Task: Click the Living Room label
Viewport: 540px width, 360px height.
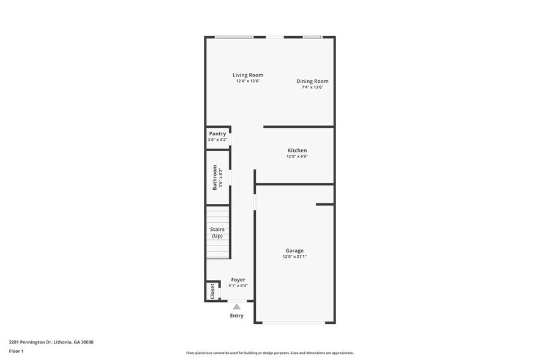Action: pos(248,75)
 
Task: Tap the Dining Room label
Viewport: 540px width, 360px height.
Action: pos(312,81)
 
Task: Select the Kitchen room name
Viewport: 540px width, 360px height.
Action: pos(297,150)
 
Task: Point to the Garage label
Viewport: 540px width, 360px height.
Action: pos(294,250)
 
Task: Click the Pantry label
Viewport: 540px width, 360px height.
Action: pos(217,133)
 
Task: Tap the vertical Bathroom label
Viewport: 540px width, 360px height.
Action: pos(215,177)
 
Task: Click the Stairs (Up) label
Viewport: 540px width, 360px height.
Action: pos(217,233)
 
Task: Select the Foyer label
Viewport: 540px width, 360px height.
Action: pos(238,280)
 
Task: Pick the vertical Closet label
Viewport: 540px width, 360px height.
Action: pos(212,290)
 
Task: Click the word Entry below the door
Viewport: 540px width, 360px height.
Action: pos(236,316)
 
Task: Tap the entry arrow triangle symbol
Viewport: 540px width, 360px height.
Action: pos(236,306)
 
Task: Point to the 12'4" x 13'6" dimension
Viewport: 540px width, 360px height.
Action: pos(248,81)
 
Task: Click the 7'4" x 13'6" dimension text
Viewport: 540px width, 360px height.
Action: pos(312,88)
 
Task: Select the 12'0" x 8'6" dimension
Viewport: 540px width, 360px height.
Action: pos(297,157)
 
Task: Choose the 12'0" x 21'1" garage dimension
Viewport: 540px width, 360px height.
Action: pos(294,257)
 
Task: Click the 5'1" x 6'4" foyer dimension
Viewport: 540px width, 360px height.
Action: pos(238,286)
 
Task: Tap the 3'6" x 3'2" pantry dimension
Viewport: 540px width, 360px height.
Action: pos(217,140)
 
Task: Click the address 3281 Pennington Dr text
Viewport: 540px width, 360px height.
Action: pos(51,342)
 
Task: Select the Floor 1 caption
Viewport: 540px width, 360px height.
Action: pos(16,351)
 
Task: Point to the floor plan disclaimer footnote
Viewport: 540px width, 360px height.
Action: pos(269,353)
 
